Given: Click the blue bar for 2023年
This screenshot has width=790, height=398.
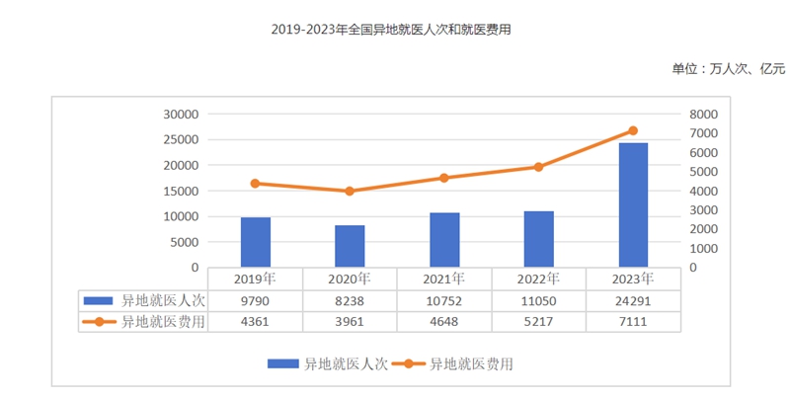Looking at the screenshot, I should pyautogui.click(x=633, y=204).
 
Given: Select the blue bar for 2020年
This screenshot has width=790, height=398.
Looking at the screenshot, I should pyautogui.click(x=350, y=246).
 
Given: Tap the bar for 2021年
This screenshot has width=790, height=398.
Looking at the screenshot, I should pyautogui.click(x=443, y=240).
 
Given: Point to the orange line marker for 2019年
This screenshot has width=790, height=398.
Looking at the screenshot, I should pyautogui.click(x=255, y=184).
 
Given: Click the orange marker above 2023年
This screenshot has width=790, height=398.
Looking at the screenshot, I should pyautogui.click(x=633, y=130).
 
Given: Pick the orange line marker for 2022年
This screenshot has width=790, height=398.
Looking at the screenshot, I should pyautogui.click(x=538, y=167).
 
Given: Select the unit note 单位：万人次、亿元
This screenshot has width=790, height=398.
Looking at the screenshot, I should pyautogui.click(x=728, y=68).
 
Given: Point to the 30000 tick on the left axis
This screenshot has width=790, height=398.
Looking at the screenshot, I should pyautogui.click(x=181, y=115).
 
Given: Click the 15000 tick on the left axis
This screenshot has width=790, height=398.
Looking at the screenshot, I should pyautogui.click(x=181, y=191).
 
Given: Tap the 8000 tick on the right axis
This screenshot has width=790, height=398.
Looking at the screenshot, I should pyautogui.click(x=702, y=115).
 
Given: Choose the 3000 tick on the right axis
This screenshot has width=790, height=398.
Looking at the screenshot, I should pyautogui.click(x=702, y=210).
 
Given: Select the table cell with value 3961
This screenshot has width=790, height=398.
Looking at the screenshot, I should pyautogui.click(x=350, y=321).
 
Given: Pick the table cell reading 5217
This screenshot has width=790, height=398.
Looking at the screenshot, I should pyautogui.click(x=538, y=321).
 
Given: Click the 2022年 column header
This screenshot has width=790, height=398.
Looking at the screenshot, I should pyautogui.click(x=538, y=279).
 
